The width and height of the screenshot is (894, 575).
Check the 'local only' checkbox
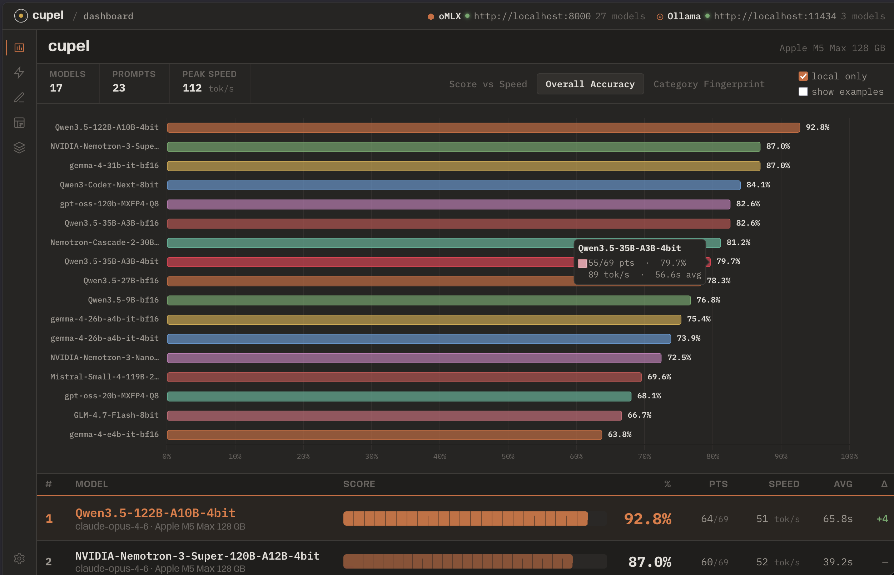point(803,76)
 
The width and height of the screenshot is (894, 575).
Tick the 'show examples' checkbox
point(803,92)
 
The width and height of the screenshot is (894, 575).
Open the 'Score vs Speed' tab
point(488,84)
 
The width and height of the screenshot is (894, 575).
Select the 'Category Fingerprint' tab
point(709,84)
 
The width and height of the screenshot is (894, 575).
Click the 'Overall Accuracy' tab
point(590,84)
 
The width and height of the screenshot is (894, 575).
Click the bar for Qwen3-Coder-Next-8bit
point(453,185)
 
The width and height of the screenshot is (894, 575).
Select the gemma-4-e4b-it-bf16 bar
point(384,434)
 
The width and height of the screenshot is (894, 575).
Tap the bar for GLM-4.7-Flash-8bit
point(394,415)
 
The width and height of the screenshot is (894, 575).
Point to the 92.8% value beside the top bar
point(817,127)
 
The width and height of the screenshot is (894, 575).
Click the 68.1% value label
point(649,396)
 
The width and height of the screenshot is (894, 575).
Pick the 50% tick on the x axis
point(508,456)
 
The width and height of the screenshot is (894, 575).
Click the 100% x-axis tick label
point(849,456)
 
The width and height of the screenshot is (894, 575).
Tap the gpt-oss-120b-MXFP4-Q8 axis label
point(109,204)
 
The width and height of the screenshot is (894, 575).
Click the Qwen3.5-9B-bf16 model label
point(123,300)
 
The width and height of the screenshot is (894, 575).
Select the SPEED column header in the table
point(784,484)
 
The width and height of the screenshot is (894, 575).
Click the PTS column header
point(718,484)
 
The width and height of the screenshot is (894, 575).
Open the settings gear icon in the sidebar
point(19,558)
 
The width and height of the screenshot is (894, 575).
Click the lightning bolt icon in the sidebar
point(19,73)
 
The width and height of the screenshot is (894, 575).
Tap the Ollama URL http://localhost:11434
point(775,16)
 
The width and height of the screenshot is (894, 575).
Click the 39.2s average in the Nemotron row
point(838,562)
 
